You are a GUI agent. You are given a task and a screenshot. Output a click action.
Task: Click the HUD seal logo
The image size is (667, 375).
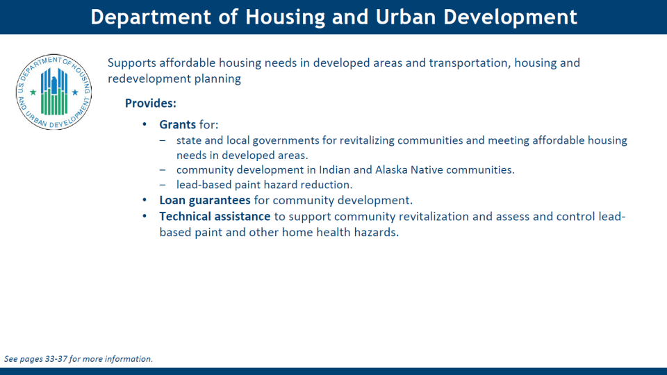click(53, 92)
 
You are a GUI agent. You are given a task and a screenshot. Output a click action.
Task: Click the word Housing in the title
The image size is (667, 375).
click(285, 17)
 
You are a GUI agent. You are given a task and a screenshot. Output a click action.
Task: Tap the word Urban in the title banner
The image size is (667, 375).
click(405, 17)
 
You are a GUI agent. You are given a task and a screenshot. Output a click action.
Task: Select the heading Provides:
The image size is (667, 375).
click(151, 103)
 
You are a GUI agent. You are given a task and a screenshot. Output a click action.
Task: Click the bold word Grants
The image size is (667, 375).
click(177, 124)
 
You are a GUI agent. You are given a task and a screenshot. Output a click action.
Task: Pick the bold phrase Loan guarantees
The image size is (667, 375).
click(204, 200)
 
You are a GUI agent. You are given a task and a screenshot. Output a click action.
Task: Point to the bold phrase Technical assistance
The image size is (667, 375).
click(215, 217)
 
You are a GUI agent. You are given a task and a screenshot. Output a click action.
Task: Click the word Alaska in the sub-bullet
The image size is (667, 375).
click(391, 169)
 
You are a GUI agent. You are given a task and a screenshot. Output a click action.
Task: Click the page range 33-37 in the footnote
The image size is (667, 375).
click(56, 359)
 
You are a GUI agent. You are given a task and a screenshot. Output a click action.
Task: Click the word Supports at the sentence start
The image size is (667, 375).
click(132, 63)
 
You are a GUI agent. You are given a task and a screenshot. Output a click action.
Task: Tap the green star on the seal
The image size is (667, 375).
click(33, 92)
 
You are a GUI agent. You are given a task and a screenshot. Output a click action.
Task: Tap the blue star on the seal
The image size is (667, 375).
click(75, 92)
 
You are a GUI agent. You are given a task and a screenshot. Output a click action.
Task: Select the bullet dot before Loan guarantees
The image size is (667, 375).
click(145, 200)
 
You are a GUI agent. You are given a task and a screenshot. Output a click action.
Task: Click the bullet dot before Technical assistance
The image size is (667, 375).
click(145, 216)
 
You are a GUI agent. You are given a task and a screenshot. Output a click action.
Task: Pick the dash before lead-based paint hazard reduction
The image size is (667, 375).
click(163, 185)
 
